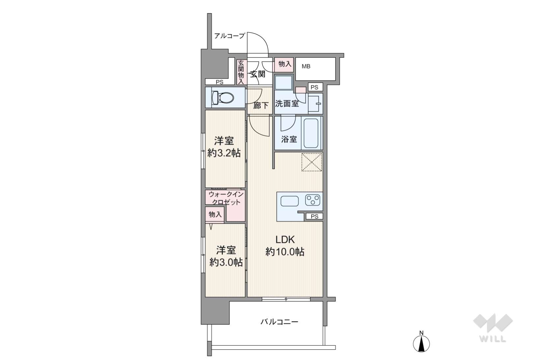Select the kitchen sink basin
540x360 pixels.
(x=290, y=201)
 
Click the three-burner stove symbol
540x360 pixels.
(x=313, y=200)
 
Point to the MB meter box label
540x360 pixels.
(x=306, y=67)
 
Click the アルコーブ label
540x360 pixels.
(x=230, y=36)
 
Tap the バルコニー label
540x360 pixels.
(x=279, y=322)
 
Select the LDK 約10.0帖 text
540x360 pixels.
(x=285, y=245)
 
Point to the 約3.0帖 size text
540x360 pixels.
(x=226, y=262)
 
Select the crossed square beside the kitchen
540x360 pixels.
(x=312, y=162)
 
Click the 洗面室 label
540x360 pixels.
(x=287, y=104)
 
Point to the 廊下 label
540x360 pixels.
(x=261, y=105)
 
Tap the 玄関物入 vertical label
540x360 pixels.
(x=241, y=72)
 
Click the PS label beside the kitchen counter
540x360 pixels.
(x=314, y=216)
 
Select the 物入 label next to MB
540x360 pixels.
(x=285, y=64)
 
